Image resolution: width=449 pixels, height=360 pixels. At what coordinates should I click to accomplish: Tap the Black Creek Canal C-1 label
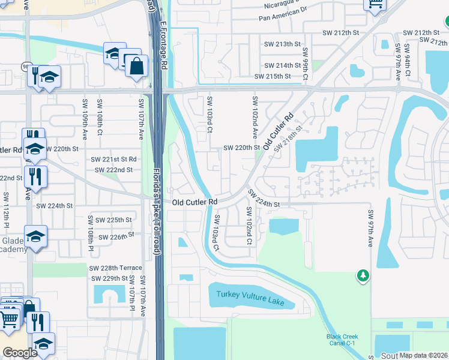pos(342,340)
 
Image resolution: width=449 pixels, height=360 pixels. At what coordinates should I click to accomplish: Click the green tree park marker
pos(363,275)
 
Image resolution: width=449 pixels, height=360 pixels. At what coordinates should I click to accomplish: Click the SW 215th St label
pos(273,76)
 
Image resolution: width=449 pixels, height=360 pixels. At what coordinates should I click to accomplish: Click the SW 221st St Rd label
pos(113,159)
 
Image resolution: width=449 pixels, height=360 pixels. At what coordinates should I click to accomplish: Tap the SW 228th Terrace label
pos(116,268)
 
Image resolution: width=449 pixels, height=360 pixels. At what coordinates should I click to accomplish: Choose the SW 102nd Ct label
pos(249,226)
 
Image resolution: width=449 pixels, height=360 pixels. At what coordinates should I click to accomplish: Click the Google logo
pos(20,353)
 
